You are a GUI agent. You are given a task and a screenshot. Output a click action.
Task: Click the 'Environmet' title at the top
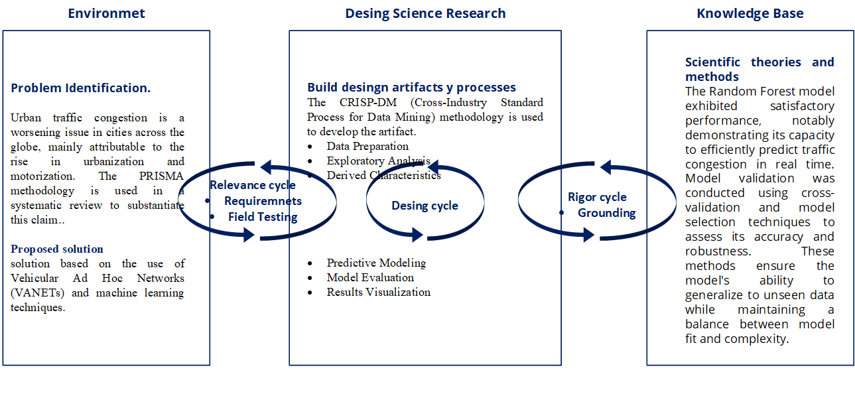point(106,13)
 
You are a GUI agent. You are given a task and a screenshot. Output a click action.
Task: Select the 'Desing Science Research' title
point(425,13)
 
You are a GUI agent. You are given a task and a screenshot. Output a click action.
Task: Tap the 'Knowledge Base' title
point(750,13)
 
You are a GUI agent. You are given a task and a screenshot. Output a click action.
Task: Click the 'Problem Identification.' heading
point(81,88)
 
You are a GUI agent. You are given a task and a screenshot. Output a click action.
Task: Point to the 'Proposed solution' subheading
point(57,249)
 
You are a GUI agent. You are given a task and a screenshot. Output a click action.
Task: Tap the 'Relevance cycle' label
point(253,186)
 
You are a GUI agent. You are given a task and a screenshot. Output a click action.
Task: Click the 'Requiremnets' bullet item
point(263,201)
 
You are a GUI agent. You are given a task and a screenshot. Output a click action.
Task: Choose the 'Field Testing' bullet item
point(263,216)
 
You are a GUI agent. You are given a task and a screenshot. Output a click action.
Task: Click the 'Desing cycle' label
point(425,206)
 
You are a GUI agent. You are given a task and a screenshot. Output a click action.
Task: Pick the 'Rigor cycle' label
point(597,197)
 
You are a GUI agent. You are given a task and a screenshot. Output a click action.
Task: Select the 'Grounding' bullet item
point(606,213)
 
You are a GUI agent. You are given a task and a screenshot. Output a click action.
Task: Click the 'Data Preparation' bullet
point(367,146)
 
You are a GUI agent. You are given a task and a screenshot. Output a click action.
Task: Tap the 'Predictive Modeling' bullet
point(376,263)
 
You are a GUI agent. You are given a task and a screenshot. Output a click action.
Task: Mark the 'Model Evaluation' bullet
point(370,278)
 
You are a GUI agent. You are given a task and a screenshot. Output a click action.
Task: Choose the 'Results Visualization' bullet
point(378,293)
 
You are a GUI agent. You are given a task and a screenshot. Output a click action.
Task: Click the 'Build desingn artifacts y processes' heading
point(411,88)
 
